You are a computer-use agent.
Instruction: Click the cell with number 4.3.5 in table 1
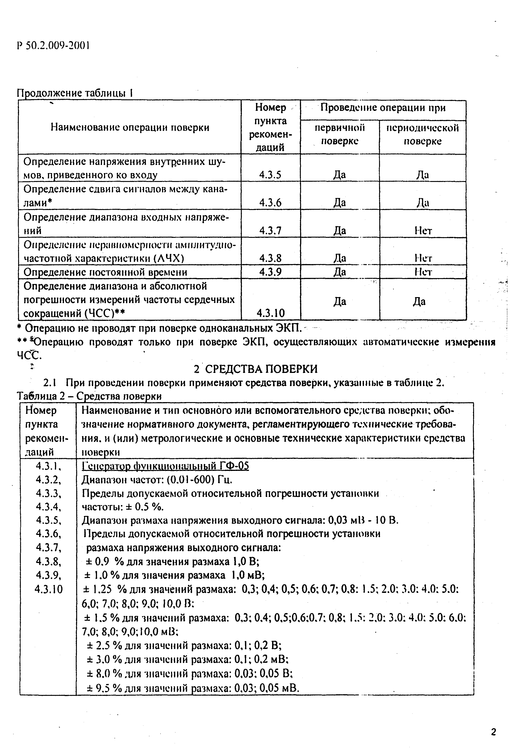270,175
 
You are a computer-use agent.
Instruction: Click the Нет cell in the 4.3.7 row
423,230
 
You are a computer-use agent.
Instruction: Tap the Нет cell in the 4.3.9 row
423,272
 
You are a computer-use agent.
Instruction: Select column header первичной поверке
339,134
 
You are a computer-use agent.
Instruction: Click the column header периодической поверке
422,134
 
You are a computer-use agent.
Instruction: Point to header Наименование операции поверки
130,127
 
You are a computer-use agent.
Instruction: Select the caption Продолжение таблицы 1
75,93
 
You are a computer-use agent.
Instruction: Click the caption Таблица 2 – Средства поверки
89,396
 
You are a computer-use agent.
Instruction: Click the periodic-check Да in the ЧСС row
419,302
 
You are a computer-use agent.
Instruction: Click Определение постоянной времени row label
105,272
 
